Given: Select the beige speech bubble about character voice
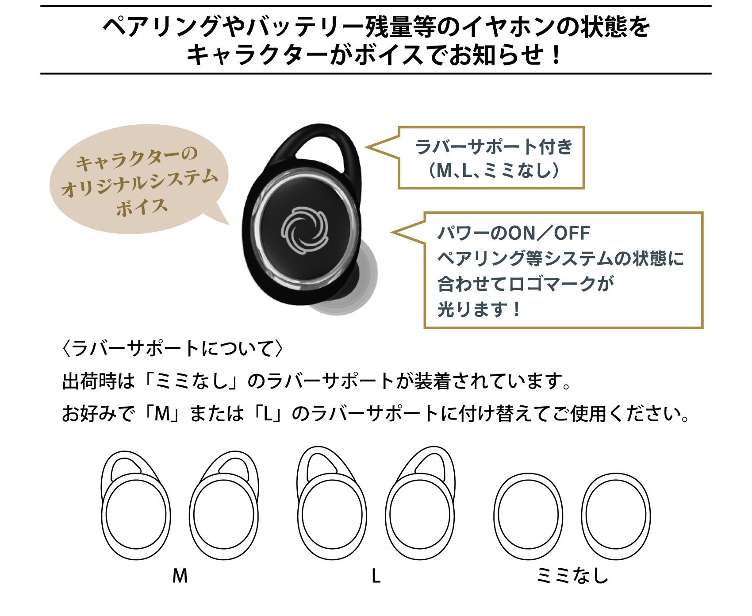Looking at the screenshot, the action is coord(139,179).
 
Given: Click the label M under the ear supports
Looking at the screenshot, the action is coord(180,576).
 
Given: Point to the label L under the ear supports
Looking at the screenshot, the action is coord(376,576).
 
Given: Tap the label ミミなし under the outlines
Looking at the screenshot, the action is coord(572,576).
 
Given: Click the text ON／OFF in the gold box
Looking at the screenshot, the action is coord(549,233).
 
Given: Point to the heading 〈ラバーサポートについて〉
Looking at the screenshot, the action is coord(173,348).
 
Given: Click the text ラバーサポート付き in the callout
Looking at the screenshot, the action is coord(494,147).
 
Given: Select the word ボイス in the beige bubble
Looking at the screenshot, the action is coord(142,207).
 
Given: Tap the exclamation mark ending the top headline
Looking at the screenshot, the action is coord(556,55).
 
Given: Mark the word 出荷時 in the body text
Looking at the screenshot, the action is coord(89,381).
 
